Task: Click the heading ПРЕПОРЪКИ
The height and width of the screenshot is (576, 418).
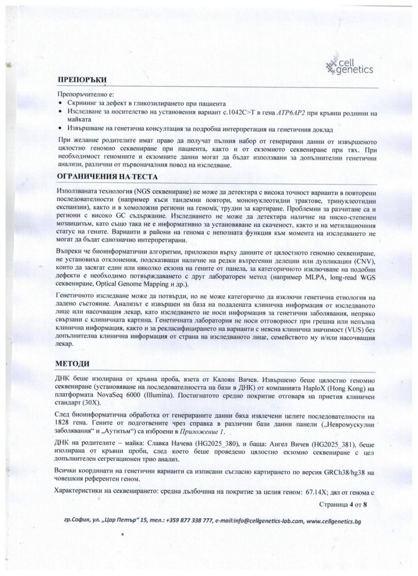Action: point(82,80)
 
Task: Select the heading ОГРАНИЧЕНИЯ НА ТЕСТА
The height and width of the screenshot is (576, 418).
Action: point(107,176)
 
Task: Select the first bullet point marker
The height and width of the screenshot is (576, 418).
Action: point(60,104)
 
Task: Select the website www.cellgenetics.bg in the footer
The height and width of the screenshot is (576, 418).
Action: point(334,521)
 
